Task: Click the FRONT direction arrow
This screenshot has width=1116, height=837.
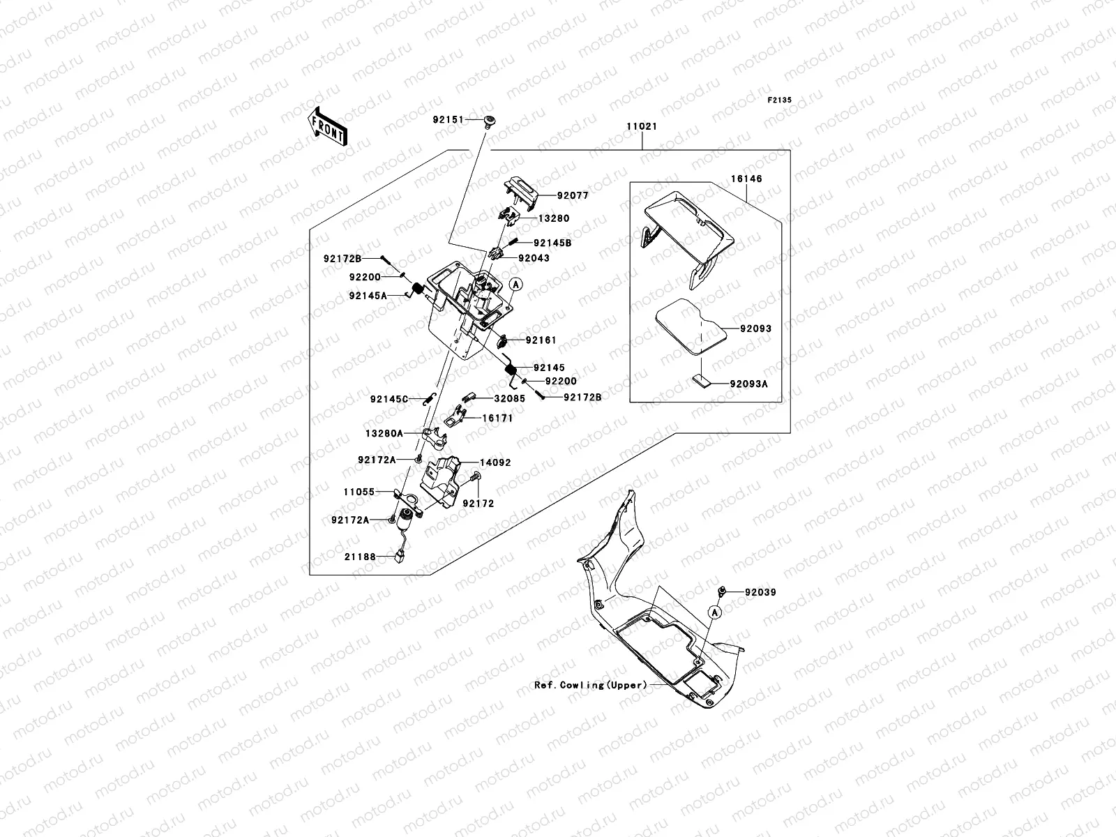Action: point(327,126)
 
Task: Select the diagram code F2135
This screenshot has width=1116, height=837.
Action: point(780,100)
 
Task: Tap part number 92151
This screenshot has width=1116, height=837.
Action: point(448,120)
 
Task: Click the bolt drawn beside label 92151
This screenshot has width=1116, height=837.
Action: point(489,122)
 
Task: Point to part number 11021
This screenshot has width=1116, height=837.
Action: point(641,128)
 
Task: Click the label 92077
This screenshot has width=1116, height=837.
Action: point(573,196)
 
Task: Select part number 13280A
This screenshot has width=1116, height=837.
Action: point(384,433)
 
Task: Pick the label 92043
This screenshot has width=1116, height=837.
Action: point(534,258)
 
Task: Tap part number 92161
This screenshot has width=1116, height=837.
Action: point(541,340)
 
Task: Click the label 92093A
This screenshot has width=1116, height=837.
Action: point(748,384)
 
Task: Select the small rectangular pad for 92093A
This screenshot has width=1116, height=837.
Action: point(702,381)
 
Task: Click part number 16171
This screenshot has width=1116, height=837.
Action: point(497,418)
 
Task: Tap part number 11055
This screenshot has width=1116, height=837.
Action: point(359,492)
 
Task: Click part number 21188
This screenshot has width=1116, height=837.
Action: point(359,557)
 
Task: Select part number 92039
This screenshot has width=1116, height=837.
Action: point(760,592)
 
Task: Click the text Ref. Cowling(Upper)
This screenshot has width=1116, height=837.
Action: point(591,685)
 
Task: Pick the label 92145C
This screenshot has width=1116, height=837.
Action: point(389,400)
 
